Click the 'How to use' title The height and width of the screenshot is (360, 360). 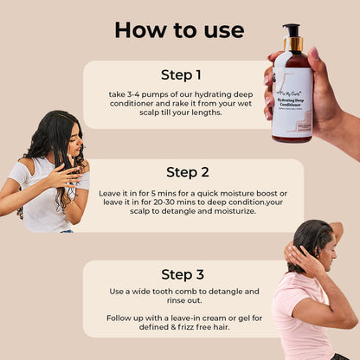point(179,30)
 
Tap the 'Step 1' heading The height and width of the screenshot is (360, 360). point(180,74)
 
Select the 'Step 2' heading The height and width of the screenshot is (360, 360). point(194,171)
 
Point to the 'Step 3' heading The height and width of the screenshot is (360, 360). point(183,274)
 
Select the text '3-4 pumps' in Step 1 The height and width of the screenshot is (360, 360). point(145,95)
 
